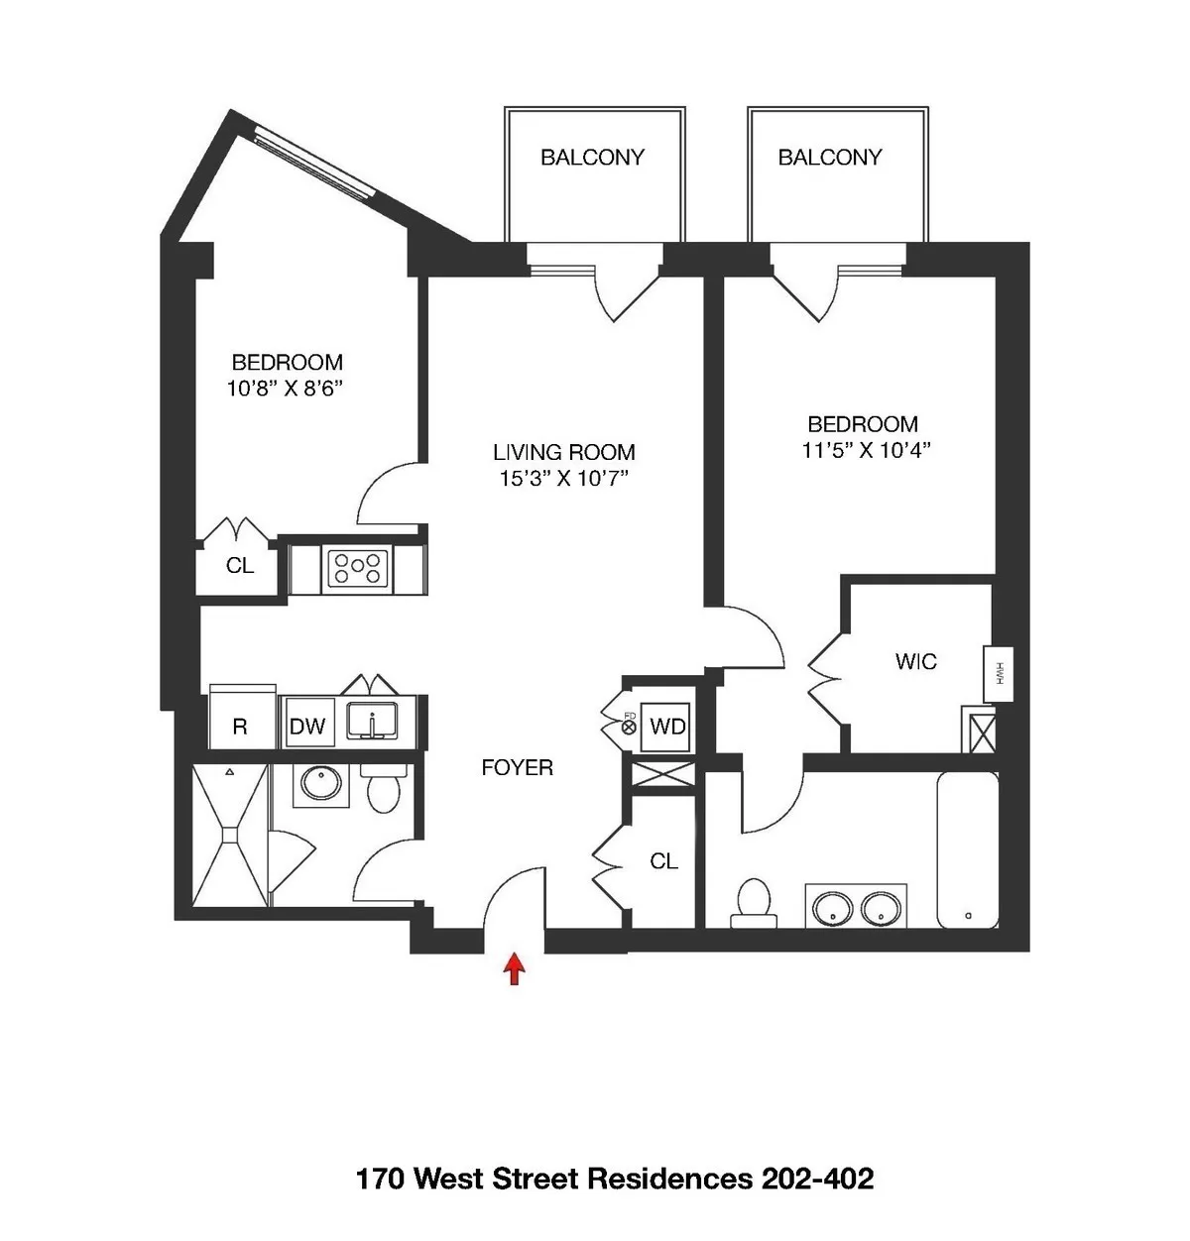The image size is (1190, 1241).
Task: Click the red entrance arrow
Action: [x=514, y=968]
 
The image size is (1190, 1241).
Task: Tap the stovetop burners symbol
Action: [x=357, y=569]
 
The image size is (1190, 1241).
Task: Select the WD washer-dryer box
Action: [x=667, y=727]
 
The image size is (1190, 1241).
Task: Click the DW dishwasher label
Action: [x=307, y=727]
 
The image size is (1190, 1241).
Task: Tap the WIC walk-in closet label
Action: [x=915, y=661]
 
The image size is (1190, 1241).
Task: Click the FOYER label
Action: [x=517, y=767]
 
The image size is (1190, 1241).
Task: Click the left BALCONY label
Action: [x=592, y=157]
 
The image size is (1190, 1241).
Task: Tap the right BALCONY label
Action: [x=830, y=157]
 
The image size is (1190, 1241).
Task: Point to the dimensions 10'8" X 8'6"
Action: [x=286, y=390]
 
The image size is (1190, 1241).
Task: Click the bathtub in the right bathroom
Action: [x=967, y=850]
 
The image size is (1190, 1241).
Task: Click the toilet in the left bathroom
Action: [x=382, y=789]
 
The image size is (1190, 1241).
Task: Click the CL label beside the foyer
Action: [x=663, y=861]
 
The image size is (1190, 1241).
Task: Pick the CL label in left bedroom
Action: [x=240, y=566]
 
